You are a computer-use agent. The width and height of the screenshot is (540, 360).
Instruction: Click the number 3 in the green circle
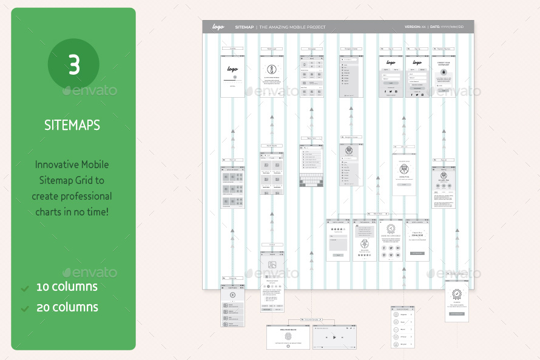tap(73, 65)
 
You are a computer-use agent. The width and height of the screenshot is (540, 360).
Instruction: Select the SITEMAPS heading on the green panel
tap(72, 125)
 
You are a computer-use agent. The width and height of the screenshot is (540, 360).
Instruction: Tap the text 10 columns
tap(67, 287)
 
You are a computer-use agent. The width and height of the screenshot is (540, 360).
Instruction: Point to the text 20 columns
tap(67, 307)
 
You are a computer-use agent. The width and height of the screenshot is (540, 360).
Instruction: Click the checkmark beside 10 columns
tap(25, 288)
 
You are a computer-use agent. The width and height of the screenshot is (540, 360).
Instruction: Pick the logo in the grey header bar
tap(218, 27)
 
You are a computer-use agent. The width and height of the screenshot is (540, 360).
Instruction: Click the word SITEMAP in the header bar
tap(245, 27)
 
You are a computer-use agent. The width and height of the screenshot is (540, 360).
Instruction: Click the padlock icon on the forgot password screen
tap(444, 72)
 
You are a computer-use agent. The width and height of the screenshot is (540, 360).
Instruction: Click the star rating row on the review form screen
tap(337, 229)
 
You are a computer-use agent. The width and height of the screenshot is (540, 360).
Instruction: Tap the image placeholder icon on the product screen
tap(272, 265)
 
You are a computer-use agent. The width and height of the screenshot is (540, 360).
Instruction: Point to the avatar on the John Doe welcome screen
tap(404, 169)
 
